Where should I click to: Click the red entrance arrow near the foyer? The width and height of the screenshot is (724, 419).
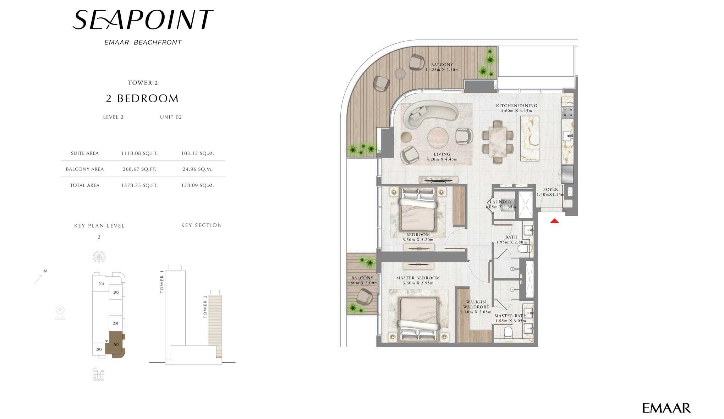(x=554, y=221)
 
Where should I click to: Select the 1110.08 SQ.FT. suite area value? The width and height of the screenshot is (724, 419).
(x=139, y=153)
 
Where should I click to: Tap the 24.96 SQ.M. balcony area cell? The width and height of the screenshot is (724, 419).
(x=198, y=169)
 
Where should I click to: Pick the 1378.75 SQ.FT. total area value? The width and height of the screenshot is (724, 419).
(x=139, y=185)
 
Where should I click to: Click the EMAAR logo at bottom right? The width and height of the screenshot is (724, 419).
(x=667, y=408)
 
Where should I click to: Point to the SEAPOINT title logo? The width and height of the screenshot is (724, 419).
(x=143, y=20)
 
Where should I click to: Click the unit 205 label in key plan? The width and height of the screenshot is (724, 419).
(x=116, y=292)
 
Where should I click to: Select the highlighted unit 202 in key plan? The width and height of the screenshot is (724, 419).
(x=116, y=344)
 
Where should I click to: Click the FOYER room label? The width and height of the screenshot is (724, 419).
(x=550, y=190)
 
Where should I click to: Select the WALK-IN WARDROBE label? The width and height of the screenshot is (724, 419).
(x=476, y=305)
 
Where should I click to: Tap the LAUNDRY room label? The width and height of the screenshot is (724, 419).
(x=501, y=202)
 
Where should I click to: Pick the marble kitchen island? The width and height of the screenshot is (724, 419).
(x=530, y=138)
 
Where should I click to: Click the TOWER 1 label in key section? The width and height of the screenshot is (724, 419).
(x=162, y=282)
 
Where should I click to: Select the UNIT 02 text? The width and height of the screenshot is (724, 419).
(x=171, y=117)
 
